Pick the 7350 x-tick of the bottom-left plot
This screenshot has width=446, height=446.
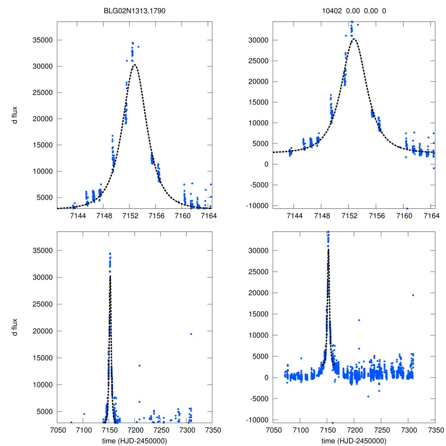pyautogui.click(x=212, y=429)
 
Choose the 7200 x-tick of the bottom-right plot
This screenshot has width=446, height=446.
pyautogui.click(x=354, y=429)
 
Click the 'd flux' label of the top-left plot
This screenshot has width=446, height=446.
pyautogui.click(x=15, y=116)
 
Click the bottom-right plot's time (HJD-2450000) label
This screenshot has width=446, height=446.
pyautogui.click(x=354, y=440)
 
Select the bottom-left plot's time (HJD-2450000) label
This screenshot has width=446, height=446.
pyautogui.click(x=135, y=440)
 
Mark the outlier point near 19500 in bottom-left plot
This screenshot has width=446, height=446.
pyautogui.click(x=191, y=334)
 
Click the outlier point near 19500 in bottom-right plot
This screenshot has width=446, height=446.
pyautogui.click(x=413, y=295)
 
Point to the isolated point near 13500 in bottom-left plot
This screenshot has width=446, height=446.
pyautogui.click(x=139, y=365)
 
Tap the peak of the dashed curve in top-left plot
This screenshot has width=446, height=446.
pyautogui.click(x=135, y=65)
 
